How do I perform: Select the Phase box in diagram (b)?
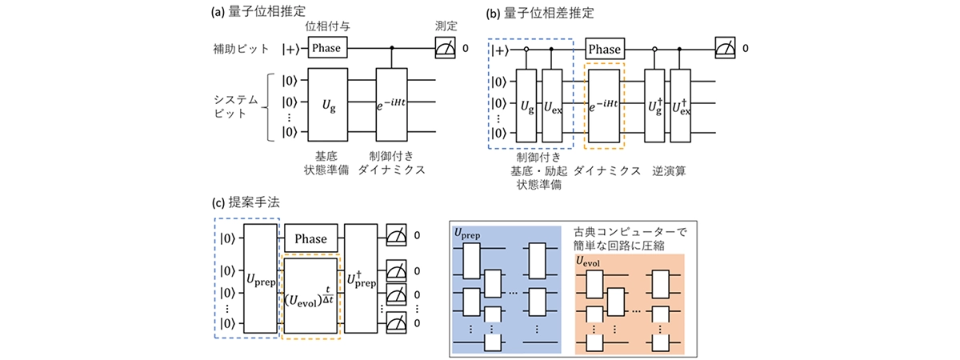[605, 49]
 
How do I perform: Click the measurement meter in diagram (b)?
[726, 50]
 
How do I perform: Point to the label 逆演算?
[666, 170]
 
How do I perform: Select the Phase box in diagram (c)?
[310, 238]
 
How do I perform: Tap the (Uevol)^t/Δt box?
[311, 294]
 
